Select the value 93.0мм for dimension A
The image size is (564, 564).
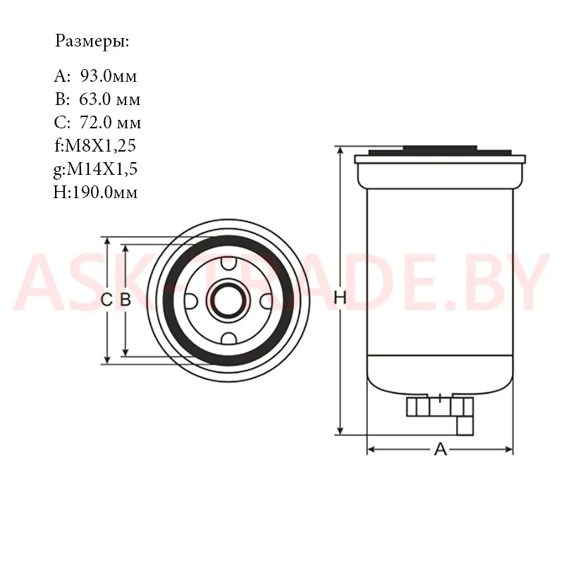(x=109, y=76)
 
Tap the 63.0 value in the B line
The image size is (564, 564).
(x=94, y=99)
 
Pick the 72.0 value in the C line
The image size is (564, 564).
(x=95, y=123)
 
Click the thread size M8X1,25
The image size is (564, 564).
(x=100, y=146)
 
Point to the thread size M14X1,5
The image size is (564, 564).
(x=102, y=168)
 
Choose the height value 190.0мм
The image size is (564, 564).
(x=105, y=192)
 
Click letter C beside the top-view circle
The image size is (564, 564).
(x=106, y=300)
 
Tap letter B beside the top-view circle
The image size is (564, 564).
(x=125, y=300)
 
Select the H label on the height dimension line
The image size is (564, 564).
(x=340, y=298)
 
